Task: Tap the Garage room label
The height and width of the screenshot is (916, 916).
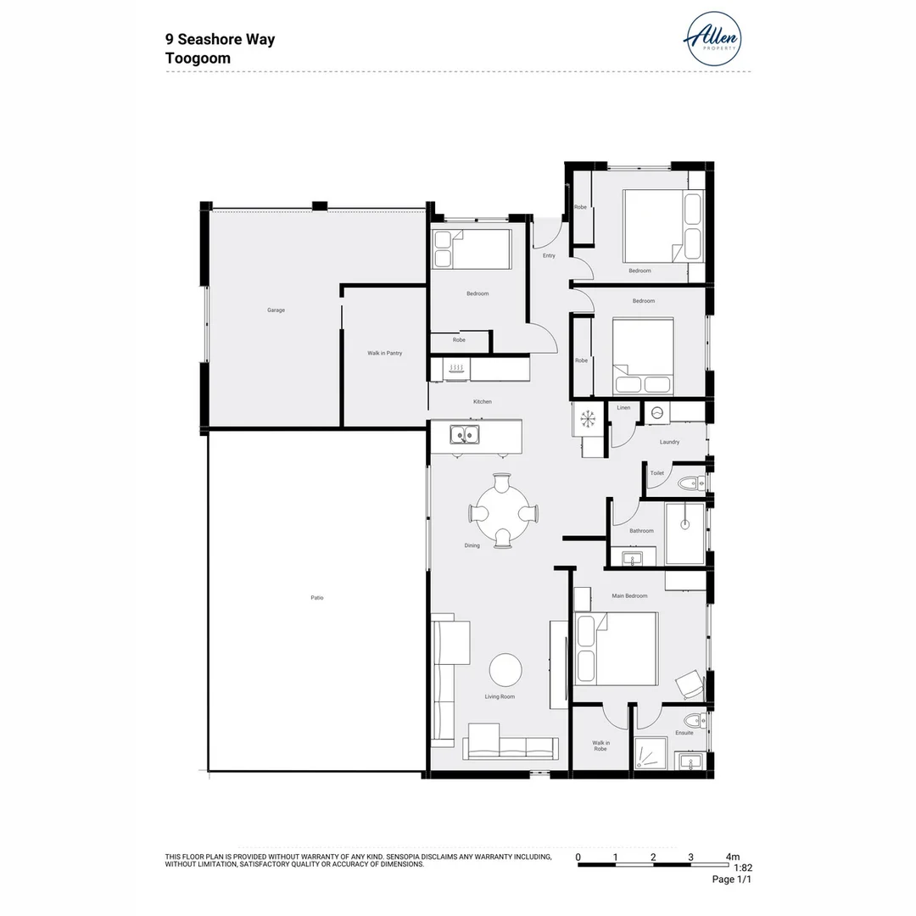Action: (276, 310)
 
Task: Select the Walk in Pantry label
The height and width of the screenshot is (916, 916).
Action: (384, 353)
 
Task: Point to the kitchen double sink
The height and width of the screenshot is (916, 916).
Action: (464, 436)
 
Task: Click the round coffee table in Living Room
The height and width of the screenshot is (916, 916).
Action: (506, 670)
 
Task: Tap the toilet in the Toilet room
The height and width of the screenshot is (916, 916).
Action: (690, 483)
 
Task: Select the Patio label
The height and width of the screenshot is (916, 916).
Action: (316, 598)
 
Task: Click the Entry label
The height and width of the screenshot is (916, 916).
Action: (549, 255)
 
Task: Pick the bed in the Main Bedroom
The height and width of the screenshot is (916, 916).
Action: (617, 648)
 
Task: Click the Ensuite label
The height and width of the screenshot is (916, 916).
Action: (684, 733)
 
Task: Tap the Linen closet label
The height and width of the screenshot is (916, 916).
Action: (623, 408)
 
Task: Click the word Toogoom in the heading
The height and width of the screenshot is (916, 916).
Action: (198, 59)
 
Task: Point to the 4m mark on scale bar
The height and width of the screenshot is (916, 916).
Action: (732, 857)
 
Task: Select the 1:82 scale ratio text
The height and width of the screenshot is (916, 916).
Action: (742, 868)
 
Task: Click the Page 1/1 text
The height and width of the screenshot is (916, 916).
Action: (731, 880)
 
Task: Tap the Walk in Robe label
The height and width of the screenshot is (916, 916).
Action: (600, 746)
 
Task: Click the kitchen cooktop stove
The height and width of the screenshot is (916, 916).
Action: (456, 368)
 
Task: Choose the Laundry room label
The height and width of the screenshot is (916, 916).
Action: (669, 442)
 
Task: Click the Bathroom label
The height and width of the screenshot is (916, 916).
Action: (641, 531)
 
